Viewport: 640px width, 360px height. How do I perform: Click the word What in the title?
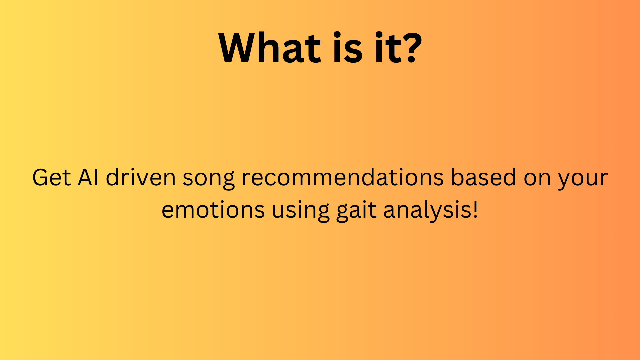tap(270, 47)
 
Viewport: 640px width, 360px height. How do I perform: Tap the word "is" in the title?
tap(348, 47)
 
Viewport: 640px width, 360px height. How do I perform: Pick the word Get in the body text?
tap(51, 177)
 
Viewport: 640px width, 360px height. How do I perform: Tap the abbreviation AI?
tap(88, 177)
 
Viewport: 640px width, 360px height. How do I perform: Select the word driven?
tap(141, 177)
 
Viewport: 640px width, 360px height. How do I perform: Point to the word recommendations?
tap(343, 177)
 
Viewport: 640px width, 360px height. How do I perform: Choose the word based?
tap(484, 177)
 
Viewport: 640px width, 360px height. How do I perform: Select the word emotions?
tap(213, 210)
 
